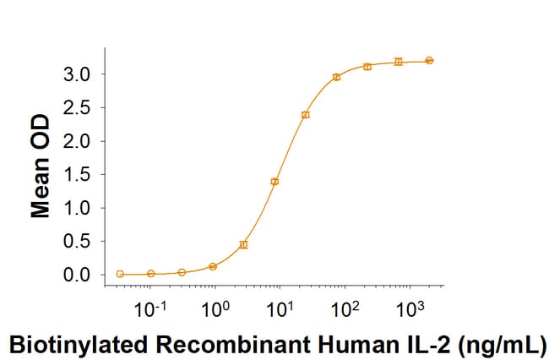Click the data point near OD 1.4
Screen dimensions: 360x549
pos(274,181)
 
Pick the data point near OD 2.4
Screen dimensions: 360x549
pos(306,114)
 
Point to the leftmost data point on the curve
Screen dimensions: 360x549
pos(120,274)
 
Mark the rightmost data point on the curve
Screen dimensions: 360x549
pos(429,60)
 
